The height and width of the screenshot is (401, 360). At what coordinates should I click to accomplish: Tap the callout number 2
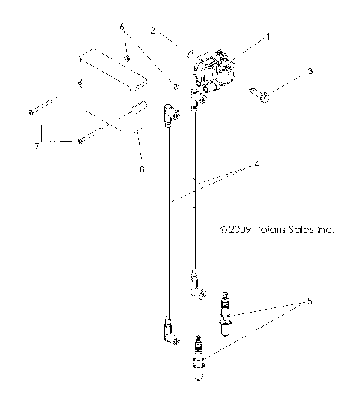click(152, 31)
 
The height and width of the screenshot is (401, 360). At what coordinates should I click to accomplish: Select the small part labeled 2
click(188, 53)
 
